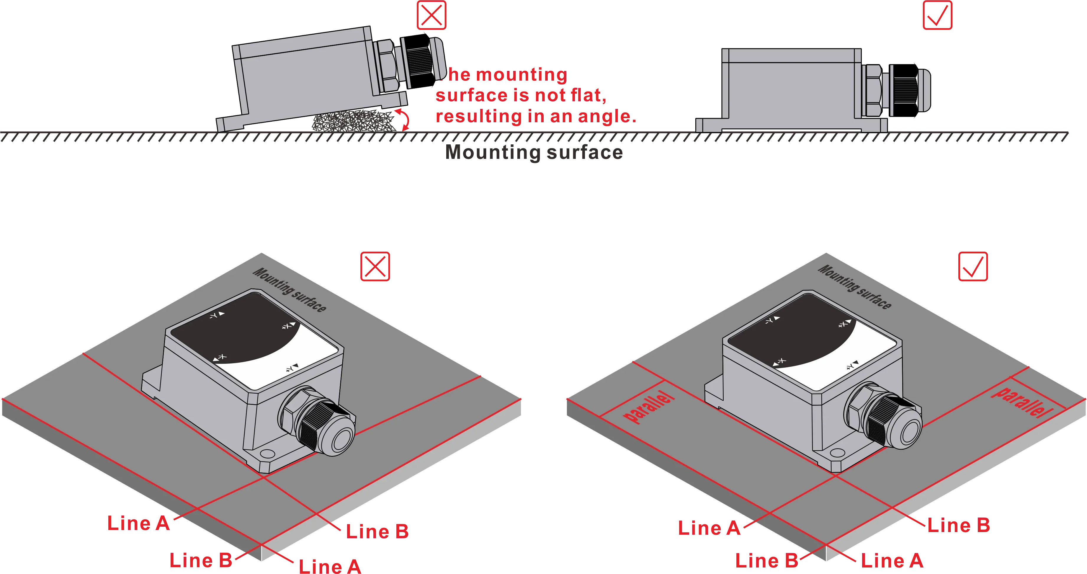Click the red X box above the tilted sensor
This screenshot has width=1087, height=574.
point(432,16)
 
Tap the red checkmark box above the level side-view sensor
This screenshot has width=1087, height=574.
point(937,16)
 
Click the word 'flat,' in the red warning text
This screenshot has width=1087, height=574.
point(588,95)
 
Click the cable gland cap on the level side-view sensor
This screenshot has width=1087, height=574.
point(923,90)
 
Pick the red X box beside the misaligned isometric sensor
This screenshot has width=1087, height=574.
point(375,267)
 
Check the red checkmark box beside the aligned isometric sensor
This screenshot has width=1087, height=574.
point(973,267)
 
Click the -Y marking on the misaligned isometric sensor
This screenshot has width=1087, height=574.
point(217,315)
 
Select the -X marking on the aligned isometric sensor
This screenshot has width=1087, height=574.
point(779,362)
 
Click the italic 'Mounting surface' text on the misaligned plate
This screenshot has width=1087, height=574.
point(290,290)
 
